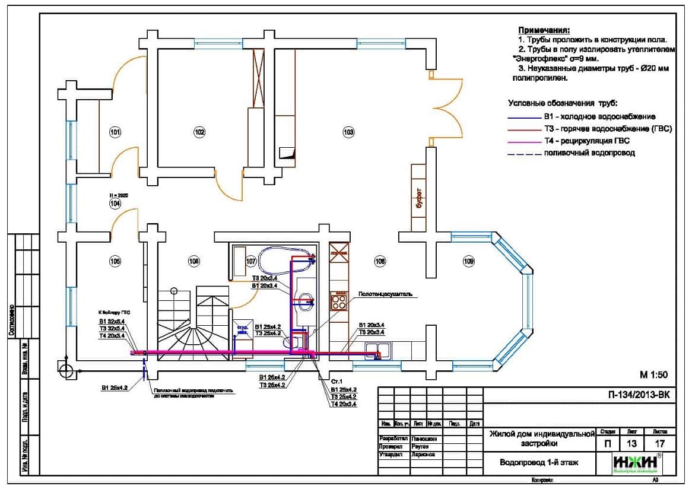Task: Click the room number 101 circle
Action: pos(115,132)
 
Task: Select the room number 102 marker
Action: pos(199,132)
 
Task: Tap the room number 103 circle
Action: pos(348,132)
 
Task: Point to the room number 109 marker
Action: pos(469,261)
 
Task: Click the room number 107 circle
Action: pos(251,261)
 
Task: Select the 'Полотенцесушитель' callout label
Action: pos(385,293)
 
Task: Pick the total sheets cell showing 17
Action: pos(659,443)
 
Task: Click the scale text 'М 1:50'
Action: pos(653,374)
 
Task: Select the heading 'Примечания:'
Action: pos(544,30)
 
